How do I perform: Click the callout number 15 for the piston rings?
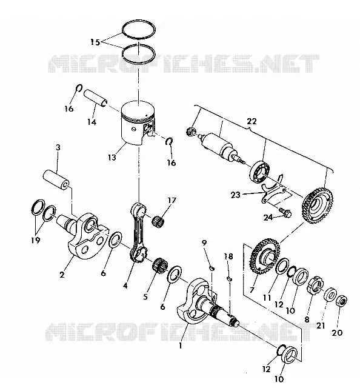(x=95, y=42)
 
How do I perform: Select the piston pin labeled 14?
(x=96, y=98)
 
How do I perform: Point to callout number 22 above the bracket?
(x=252, y=121)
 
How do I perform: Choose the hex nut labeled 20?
(x=342, y=302)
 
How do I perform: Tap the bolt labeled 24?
(x=285, y=213)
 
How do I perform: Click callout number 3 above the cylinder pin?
(x=58, y=148)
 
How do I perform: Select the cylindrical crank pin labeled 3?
(x=57, y=180)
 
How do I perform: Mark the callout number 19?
(x=35, y=240)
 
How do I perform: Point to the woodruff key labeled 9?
(x=212, y=268)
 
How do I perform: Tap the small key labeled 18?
(x=230, y=278)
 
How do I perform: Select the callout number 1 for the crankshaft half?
(x=181, y=346)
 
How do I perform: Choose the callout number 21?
(x=321, y=326)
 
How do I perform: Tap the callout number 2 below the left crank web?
(x=62, y=274)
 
